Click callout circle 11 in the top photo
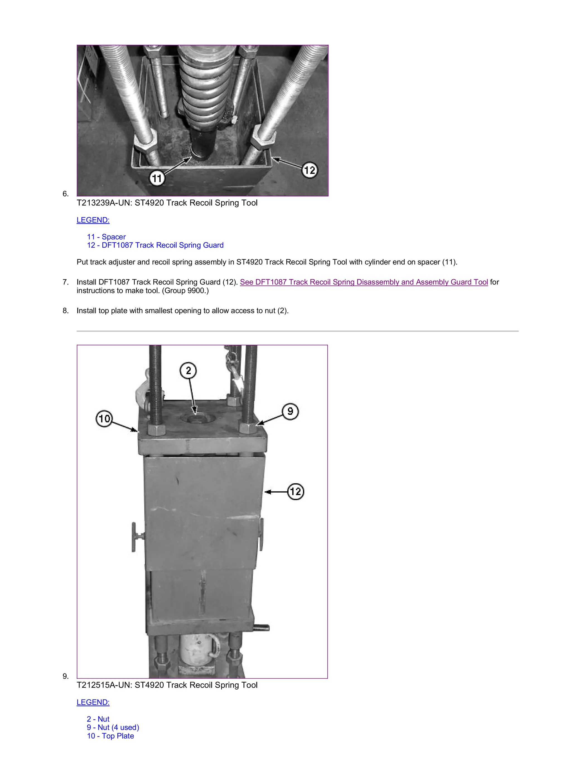pyautogui.click(x=157, y=179)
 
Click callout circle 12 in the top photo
pyautogui.click(x=309, y=170)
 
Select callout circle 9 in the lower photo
pyautogui.click(x=290, y=411)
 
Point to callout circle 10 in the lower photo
pyautogui.click(x=104, y=419)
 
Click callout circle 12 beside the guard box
pyautogui.click(x=296, y=491)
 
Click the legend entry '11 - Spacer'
pyautogui.click(x=106, y=237)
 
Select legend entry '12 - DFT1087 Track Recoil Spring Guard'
pyautogui.click(x=155, y=245)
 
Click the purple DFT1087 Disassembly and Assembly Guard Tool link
pyautogui.click(x=364, y=282)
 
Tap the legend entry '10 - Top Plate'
pyautogui.click(x=110, y=736)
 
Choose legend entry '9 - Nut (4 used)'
pyautogui.click(x=113, y=727)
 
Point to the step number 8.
pyautogui.click(x=65, y=311)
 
